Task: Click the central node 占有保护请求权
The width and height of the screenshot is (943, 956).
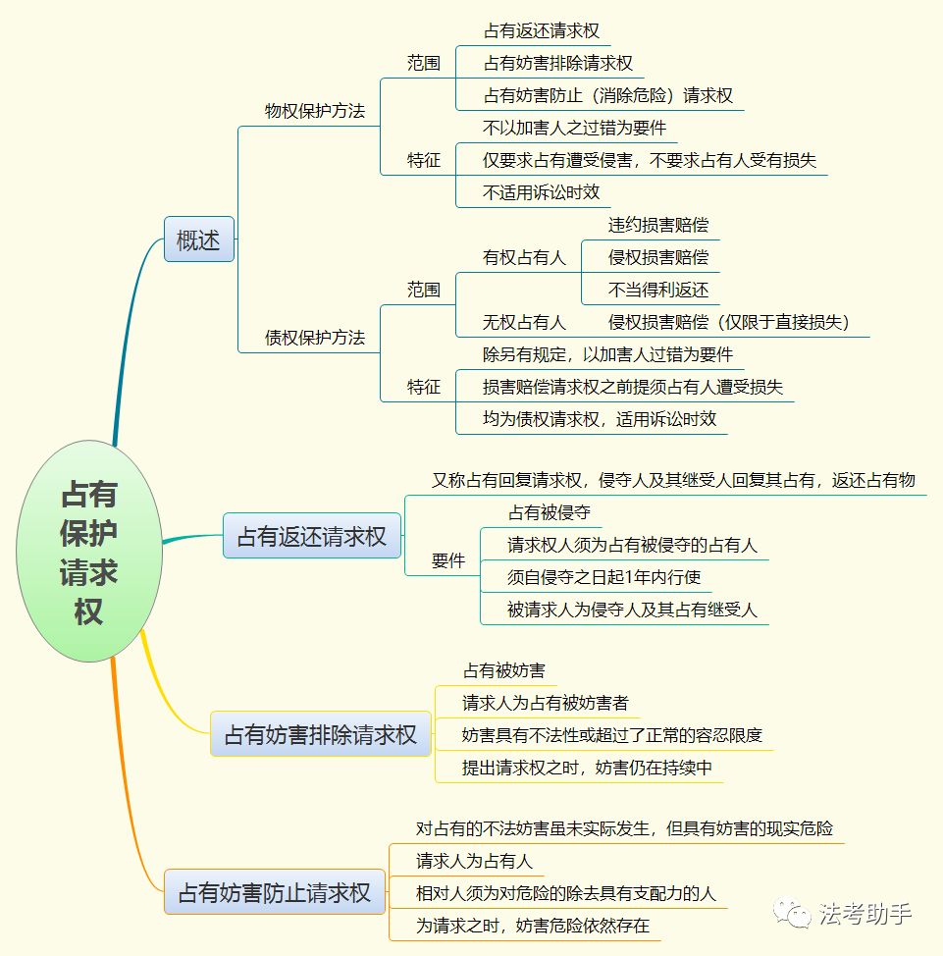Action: coord(89,552)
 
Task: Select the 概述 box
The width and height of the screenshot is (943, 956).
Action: coord(199,239)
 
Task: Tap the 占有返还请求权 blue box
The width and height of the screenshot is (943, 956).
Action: coord(311,536)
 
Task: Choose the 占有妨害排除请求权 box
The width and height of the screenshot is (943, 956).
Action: coord(321,733)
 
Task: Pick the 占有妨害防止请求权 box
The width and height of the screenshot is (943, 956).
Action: coord(275,892)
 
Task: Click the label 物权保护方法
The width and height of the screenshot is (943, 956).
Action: coord(315,111)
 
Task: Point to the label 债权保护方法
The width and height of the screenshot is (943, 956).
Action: coord(315,338)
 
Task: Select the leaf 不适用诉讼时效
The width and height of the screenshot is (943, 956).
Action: coord(542,192)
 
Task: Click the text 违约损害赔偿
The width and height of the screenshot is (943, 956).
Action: coord(658,225)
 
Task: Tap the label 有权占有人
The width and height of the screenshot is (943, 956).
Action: coord(524,257)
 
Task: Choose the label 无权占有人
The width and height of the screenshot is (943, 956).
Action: coord(524,322)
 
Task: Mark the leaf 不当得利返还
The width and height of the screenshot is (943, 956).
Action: coord(658,290)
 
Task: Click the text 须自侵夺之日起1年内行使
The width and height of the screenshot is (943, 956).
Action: coord(604,577)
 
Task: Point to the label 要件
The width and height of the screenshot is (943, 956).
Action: coord(448,560)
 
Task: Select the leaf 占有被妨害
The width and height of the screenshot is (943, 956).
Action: coord(504,670)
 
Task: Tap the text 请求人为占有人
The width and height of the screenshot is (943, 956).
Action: coord(474,861)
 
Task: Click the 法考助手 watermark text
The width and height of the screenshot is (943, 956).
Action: coord(865,914)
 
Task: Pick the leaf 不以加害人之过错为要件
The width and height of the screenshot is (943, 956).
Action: coord(574,128)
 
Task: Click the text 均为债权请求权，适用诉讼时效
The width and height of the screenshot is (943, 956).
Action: coord(600,419)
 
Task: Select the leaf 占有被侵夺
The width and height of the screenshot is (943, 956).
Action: coord(550,512)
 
